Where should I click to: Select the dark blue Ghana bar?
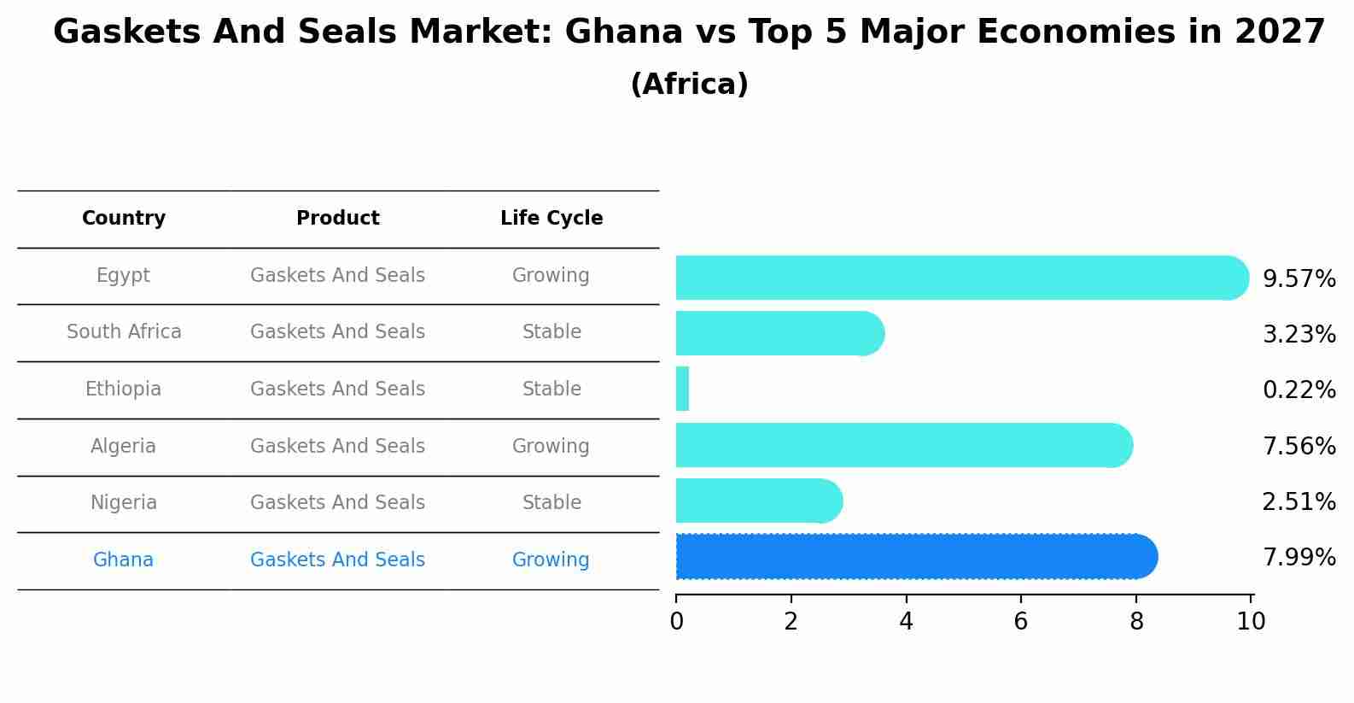tap(913, 557)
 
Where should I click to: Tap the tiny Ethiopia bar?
tap(682, 390)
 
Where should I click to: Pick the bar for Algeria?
tap(903, 445)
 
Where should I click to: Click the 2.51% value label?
tap(1299, 501)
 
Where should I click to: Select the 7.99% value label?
tap(1299, 558)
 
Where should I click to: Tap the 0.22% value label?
tap(1299, 390)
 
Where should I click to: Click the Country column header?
tap(124, 219)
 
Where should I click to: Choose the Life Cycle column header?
tap(552, 219)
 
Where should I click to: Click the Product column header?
tap(337, 219)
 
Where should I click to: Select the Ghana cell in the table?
tap(124, 560)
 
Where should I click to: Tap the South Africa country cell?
tap(124, 332)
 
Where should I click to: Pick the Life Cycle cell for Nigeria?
tap(552, 503)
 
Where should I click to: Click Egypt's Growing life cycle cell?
tap(551, 276)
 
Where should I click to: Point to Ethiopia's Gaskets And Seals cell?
tap(337, 390)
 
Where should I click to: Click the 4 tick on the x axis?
tap(906, 622)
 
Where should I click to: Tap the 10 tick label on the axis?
tap(1251, 622)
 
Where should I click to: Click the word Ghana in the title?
tap(623, 32)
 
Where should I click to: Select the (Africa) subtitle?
tap(689, 85)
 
